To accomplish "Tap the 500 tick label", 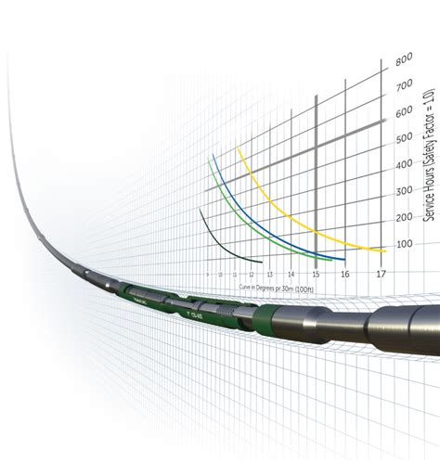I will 403,138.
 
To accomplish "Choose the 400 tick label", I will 403,165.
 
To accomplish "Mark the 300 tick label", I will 403,191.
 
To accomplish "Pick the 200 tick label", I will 403,217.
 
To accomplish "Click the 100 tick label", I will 403,244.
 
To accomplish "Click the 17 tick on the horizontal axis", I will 381,275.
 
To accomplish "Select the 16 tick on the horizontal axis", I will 344,275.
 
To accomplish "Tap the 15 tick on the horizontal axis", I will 316,275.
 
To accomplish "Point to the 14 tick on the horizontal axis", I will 291,275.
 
